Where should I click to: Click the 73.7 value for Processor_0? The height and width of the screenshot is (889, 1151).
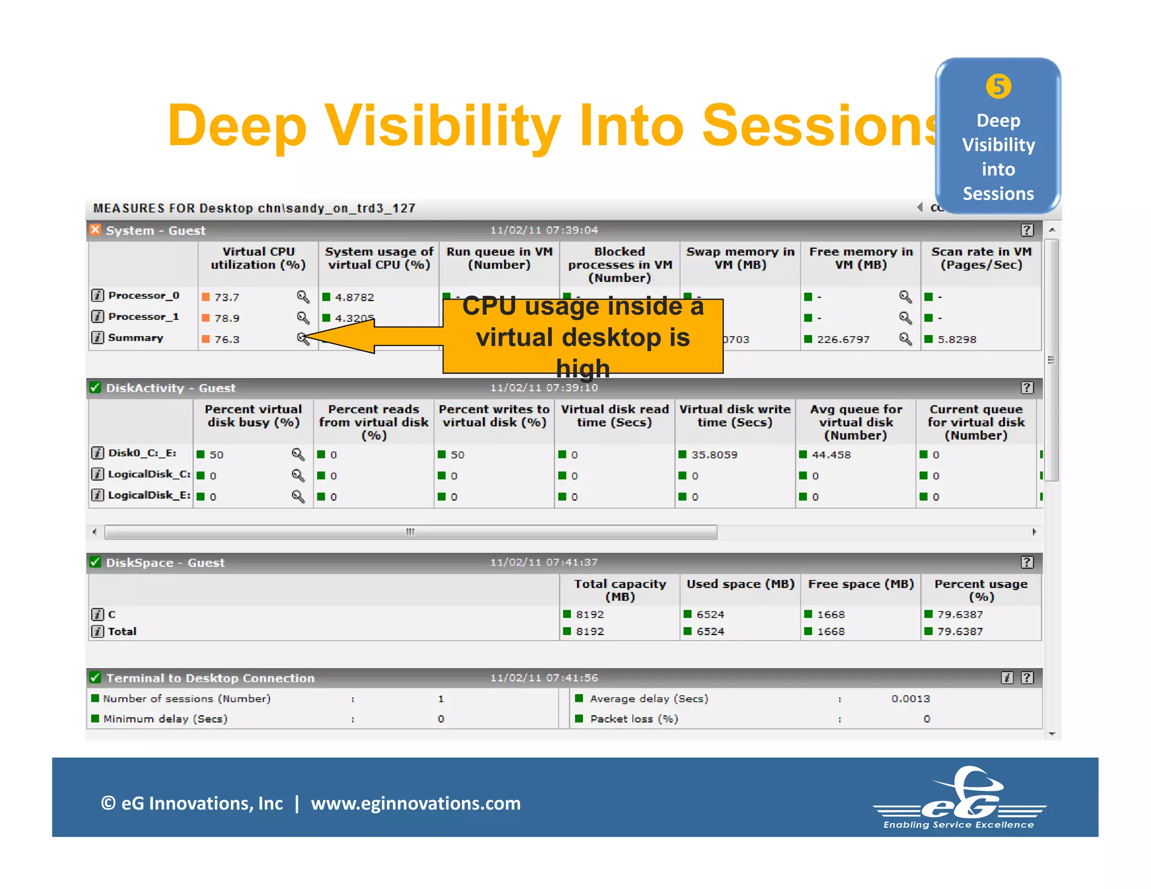tap(226, 297)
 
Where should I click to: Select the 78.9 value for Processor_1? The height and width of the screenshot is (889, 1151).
tap(226, 318)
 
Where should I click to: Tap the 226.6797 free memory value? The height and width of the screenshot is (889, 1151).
tap(843, 339)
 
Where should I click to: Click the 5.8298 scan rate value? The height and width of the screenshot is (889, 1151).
tap(957, 339)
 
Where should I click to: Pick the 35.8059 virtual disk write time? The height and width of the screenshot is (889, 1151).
tap(714, 455)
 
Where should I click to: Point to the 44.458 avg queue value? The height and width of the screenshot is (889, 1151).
tap(831, 455)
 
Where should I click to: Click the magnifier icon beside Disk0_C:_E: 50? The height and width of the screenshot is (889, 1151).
tap(298, 454)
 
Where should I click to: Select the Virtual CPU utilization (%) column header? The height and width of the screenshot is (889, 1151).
tap(258, 258)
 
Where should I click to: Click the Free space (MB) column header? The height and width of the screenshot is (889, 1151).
tap(860, 584)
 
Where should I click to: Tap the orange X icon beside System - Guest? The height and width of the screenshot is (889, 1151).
tap(95, 230)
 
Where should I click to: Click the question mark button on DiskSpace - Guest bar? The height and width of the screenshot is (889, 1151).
tap(1027, 563)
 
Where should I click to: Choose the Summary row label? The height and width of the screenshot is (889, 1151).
tap(135, 338)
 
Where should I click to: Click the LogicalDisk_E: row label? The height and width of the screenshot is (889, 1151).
tap(149, 495)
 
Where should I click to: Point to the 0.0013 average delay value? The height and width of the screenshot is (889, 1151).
tap(910, 698)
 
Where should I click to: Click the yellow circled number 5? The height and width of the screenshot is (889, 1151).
tap(998, 87)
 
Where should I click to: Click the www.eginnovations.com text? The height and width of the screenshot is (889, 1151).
tap(416, 803)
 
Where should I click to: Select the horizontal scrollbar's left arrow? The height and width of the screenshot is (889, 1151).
tap(94, 532)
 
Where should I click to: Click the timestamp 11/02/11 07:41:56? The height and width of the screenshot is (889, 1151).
tap(543, 678)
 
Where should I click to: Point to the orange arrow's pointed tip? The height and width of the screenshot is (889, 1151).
tap(306, 337)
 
